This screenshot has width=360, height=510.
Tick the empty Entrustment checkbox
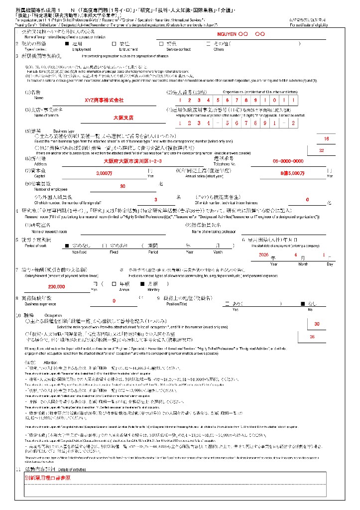tap(115, 43)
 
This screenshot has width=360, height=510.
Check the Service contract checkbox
tap(161, 43)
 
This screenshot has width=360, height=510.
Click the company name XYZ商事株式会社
tap(104, 100)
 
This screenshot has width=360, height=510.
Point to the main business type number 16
tap(326, 139)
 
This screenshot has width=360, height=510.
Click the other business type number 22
tap(321, 150)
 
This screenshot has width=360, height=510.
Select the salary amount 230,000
tap(56, 287)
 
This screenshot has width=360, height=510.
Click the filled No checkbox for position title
tap(302, 303)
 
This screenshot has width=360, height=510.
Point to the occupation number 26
tap(312, 337)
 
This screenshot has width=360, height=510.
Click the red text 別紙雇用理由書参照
tap(47, 477)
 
